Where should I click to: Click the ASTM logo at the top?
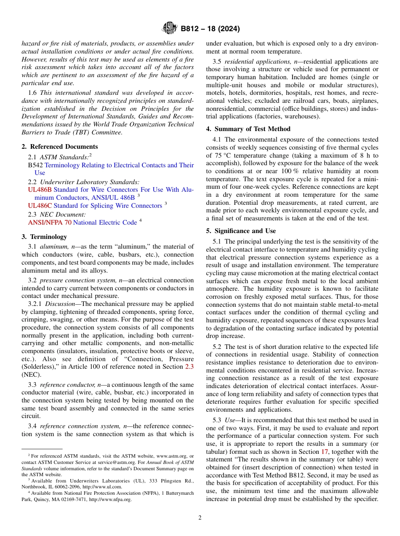[170, 29]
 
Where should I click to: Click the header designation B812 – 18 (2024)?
[210, 29]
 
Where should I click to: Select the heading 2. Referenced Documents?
[60, 147]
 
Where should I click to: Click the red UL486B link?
[40, 190]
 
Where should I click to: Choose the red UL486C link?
[40, 206]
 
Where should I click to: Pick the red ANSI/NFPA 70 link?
[50, 222]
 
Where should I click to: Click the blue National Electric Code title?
[105, 222]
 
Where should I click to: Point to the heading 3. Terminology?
[44, 237]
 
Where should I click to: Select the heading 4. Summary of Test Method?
[248, 129]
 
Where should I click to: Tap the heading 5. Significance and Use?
[241, 231]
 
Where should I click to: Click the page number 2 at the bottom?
[200, 517]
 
